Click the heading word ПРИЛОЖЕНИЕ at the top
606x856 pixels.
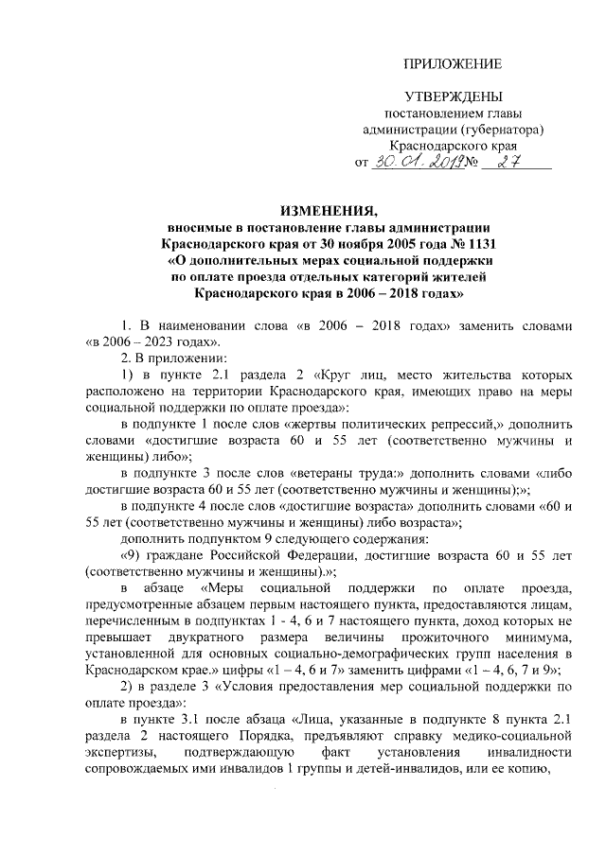pos(452,64)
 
